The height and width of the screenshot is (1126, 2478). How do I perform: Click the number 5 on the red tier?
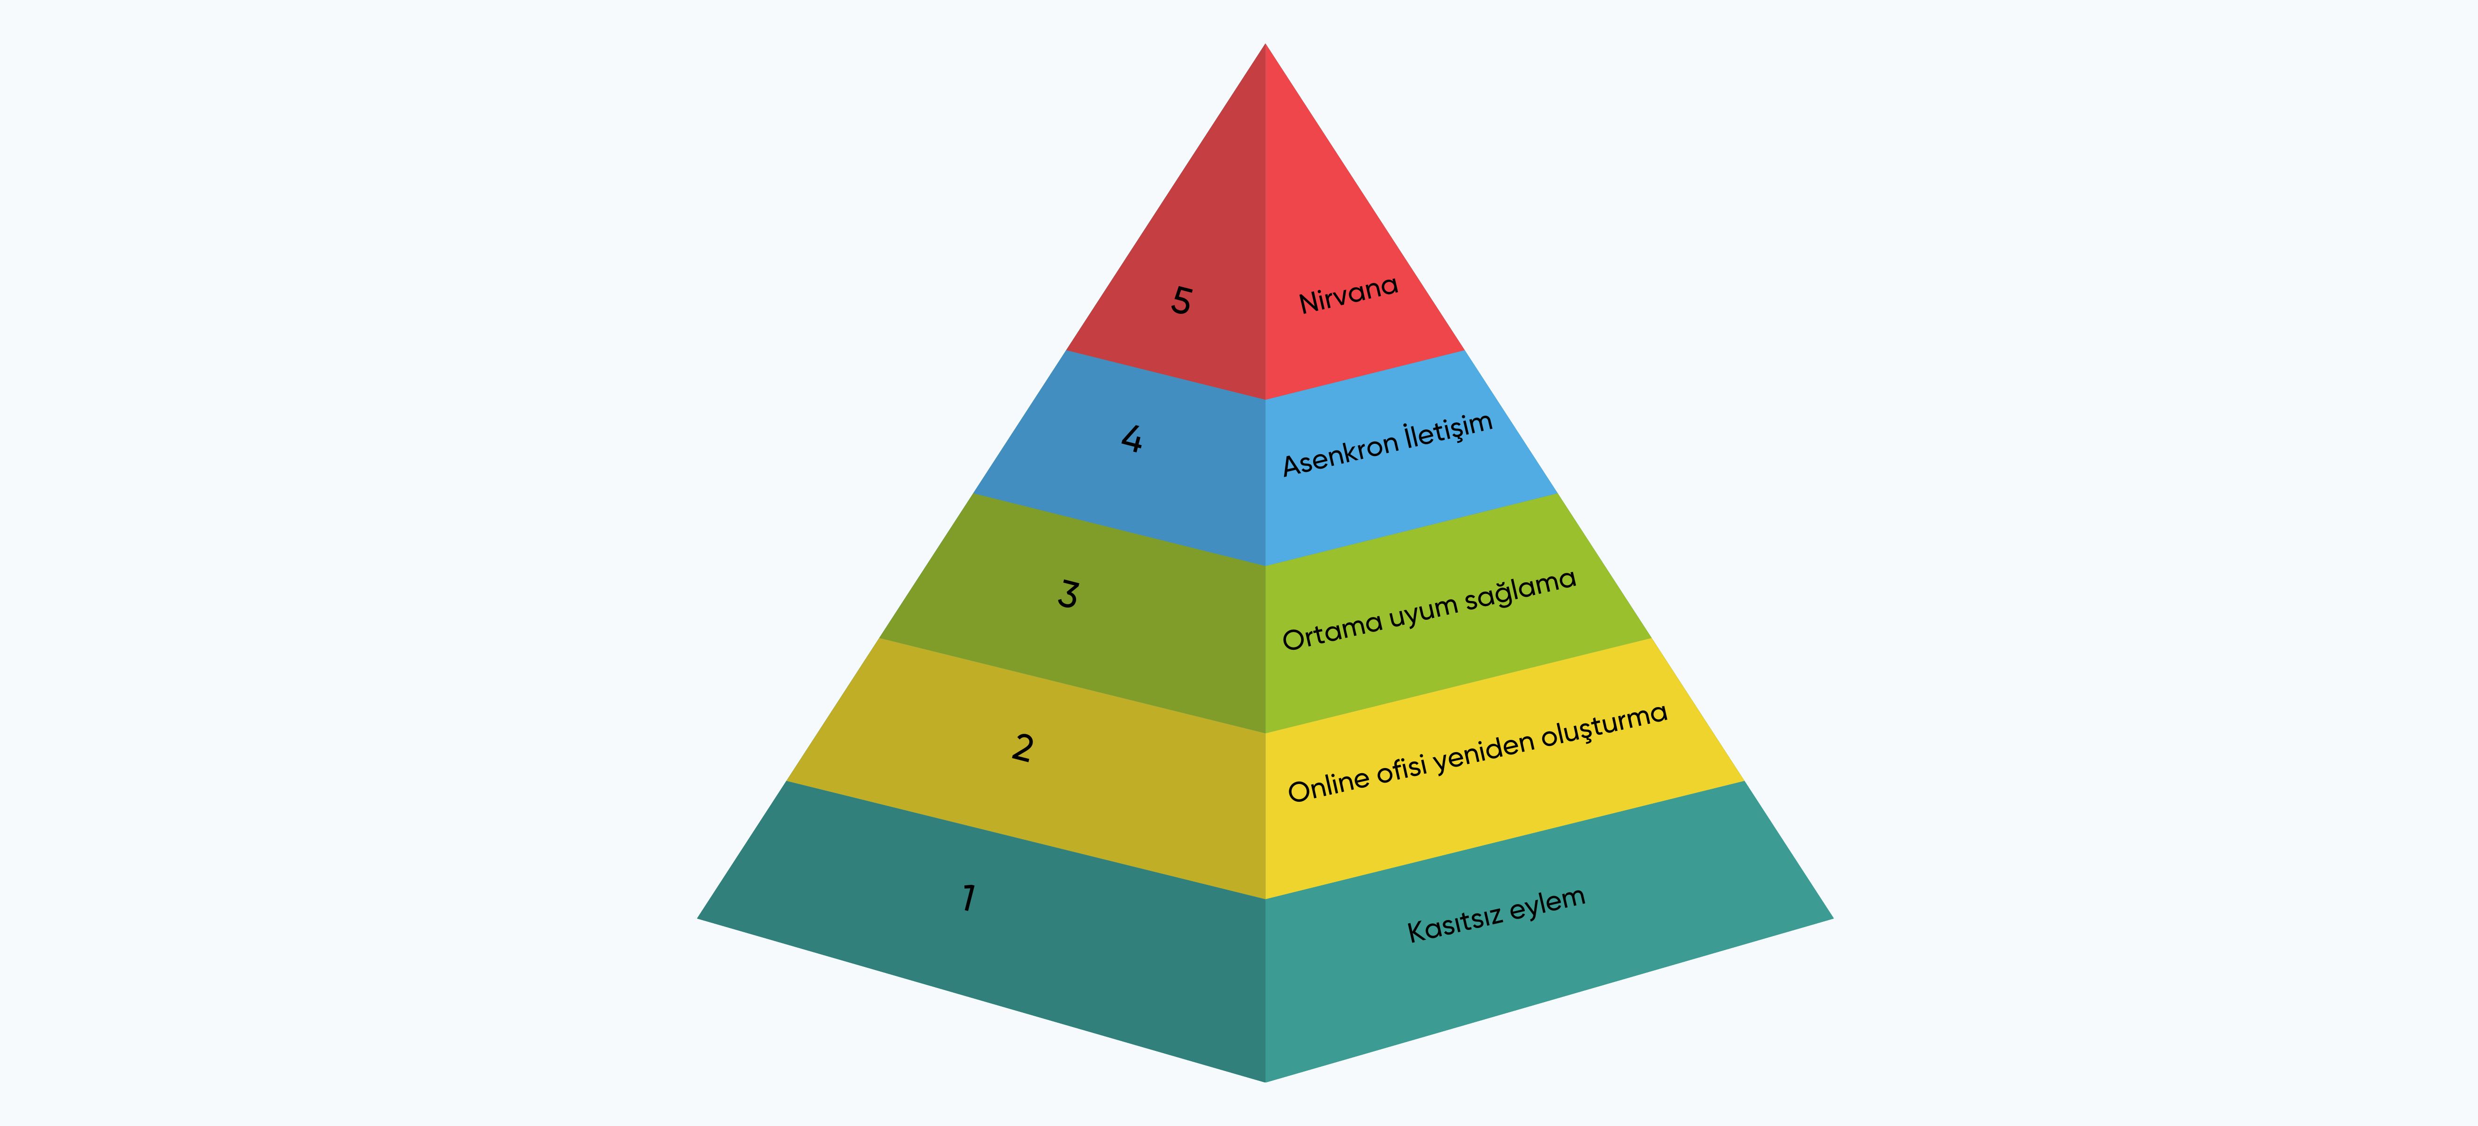point(1181,301)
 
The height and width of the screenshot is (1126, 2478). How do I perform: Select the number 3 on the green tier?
point(1068,594)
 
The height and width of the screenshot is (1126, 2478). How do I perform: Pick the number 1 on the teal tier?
point(969,898)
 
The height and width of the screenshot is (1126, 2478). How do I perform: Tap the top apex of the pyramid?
point(1265,44)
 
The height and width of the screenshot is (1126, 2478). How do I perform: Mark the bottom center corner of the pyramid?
point(1265,1081)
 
